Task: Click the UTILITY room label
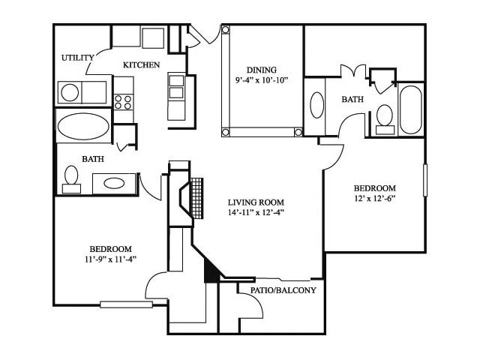click(78, 58)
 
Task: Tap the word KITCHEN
click(141, 65)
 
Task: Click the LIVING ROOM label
click(256, 202)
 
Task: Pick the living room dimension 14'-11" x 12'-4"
click(256, 212)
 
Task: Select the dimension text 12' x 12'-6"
click(375, 199)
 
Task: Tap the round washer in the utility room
click(70, 92)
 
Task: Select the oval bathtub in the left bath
click(83, 125)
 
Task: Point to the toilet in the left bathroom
click(71, 178)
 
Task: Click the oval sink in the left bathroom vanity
click(114, 182)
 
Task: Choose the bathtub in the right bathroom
click(410, 110)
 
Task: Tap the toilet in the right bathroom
click(385, 117)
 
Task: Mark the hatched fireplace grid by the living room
click(197, 197)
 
